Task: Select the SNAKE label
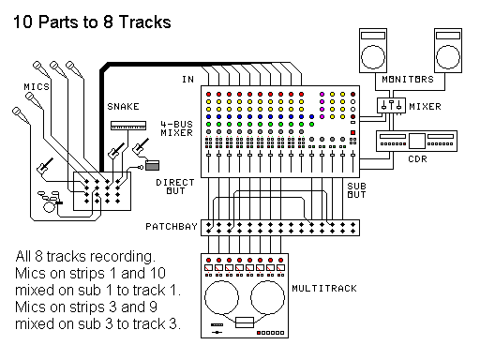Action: tap(123, 107)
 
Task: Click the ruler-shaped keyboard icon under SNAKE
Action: tap(129, 124)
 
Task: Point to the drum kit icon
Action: tap(48, 199)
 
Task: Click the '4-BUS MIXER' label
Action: tap(177, 128)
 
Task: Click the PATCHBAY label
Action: tap(172, 227)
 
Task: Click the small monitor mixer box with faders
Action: tap(388, 107)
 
